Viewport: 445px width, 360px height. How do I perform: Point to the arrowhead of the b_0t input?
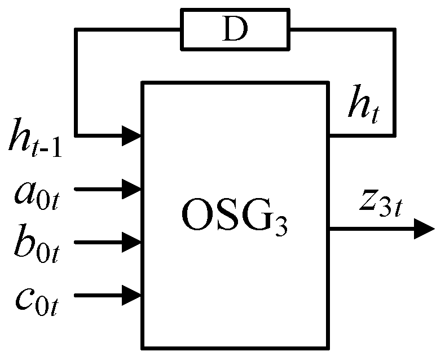(x=133, y=242)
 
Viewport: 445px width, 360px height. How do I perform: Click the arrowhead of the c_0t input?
(x=133, y=295)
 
